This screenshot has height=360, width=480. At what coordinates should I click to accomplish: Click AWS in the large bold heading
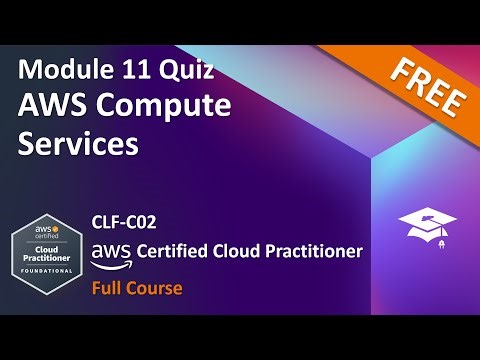click(x=51, y=106)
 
